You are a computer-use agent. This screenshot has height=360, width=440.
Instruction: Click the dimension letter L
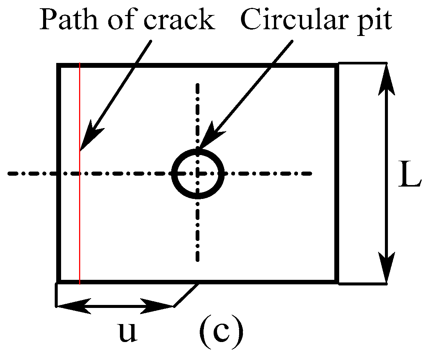410,175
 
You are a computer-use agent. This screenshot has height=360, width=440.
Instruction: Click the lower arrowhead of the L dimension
386,268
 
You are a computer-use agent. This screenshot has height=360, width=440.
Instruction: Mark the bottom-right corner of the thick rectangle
337,281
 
